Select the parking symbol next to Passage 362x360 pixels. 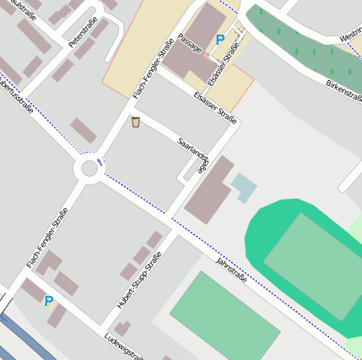[x=220, y=39]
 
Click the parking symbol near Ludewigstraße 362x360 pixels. [x=48, y=301]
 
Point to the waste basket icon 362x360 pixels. [x=136, y=123]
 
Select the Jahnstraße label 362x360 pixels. [x=231, y=270]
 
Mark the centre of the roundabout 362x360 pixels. [x=89, y=169]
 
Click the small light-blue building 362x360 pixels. [x=243, y=185]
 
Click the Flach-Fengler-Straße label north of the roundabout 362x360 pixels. [x=153, y=68]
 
